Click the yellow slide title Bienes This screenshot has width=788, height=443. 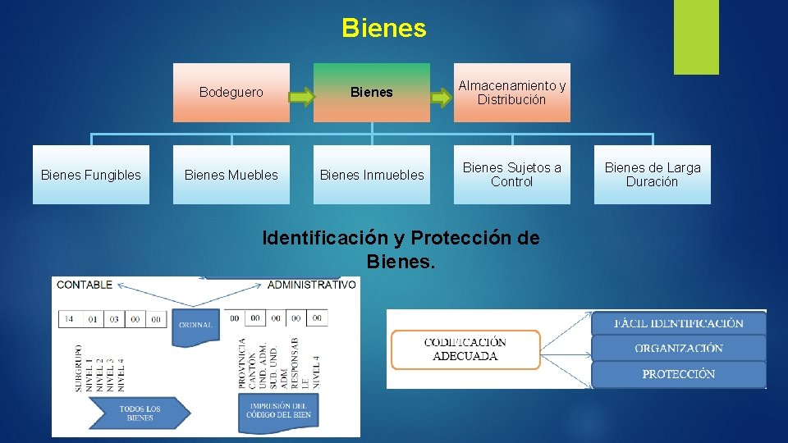384,29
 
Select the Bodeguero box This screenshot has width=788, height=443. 231,93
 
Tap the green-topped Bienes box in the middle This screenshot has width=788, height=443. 372,93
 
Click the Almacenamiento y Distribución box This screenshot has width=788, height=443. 511,93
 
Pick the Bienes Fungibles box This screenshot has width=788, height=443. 91,175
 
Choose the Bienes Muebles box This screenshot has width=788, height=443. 231,175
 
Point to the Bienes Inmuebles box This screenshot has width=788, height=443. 372,175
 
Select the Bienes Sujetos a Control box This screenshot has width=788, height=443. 511,175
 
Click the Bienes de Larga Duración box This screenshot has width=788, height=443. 653,175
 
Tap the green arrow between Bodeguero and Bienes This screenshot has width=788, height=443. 302,98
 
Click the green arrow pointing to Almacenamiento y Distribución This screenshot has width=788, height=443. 442,98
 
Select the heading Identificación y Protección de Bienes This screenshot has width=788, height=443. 401,249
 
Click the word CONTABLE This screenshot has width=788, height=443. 85,285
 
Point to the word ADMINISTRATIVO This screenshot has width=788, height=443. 312,285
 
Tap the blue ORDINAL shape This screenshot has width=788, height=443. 195,325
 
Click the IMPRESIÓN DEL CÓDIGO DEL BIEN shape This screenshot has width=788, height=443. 277,410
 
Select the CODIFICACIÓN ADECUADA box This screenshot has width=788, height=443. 465,349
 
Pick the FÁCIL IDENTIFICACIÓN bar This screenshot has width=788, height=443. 679,322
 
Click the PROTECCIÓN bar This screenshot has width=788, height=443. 679,374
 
